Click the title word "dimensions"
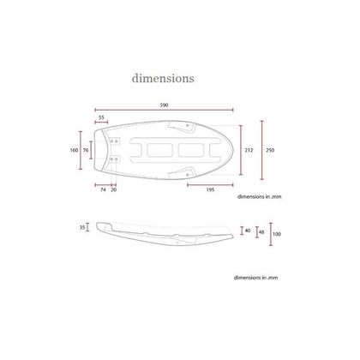[163, 78]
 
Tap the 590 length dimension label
[164, 105]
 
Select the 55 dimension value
[101, 117]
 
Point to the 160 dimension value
[74, 150]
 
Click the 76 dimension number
[86, 150]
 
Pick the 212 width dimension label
[249, 150]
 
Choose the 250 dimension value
[270, 150]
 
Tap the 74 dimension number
[103, 189]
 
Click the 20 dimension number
[114, 189]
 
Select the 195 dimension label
[210, 189]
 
